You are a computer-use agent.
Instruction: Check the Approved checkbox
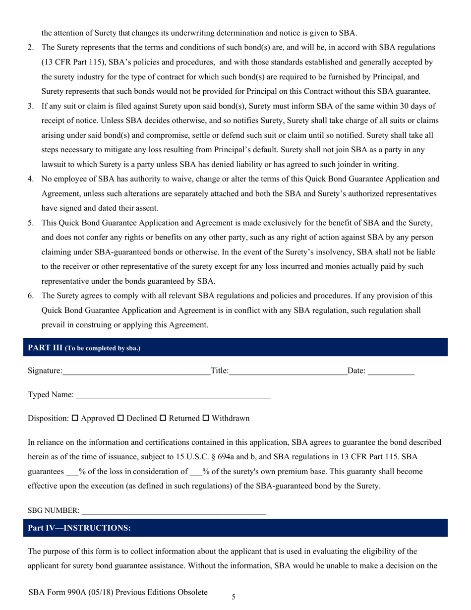coord(75,418)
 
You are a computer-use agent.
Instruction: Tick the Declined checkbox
coord(120,418)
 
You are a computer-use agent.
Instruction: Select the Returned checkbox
coord(163,418)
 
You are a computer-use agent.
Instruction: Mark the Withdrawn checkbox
coord(206,418)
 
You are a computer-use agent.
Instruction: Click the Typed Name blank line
coord(174,396)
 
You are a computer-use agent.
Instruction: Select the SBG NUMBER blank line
coord(174,511)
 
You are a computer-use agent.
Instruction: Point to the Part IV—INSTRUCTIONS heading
coord(79,528)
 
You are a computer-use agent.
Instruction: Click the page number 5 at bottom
coord(234,597)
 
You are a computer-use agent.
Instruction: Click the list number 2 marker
coord(30,48)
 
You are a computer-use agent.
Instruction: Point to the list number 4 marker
coord(30,179)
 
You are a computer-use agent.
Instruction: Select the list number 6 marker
coord(30,296)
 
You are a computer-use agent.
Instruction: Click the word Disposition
coord(48,418)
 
